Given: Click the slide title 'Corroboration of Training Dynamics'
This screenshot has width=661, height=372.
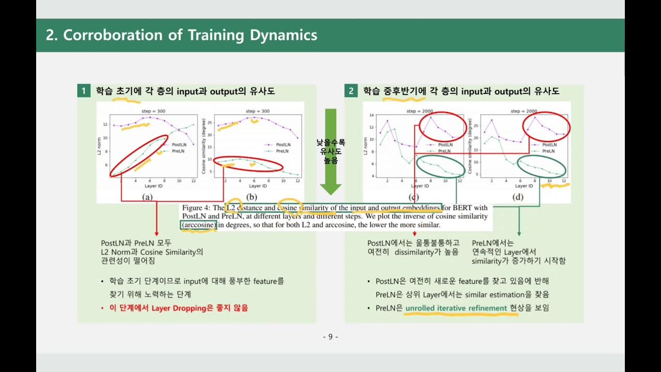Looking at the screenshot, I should click(181, 35).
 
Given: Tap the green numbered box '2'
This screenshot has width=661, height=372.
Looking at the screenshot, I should click(351, 91).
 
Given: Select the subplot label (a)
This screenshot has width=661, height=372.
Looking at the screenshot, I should click(147, 197).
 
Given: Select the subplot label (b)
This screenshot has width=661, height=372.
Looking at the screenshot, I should click(251, 197).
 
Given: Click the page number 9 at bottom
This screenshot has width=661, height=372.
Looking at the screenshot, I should click(330, 337).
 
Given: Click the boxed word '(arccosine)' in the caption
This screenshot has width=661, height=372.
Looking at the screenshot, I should click(198, 225).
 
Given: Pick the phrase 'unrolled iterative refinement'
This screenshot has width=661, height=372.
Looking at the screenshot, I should click(455, 308).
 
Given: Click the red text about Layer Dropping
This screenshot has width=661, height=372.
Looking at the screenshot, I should click(178, 308).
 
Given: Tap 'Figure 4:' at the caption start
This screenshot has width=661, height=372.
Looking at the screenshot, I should click(196, 208).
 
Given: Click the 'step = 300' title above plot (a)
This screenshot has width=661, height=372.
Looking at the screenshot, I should click(153, 111).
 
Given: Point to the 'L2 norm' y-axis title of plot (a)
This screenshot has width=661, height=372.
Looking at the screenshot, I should click(100, 146).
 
